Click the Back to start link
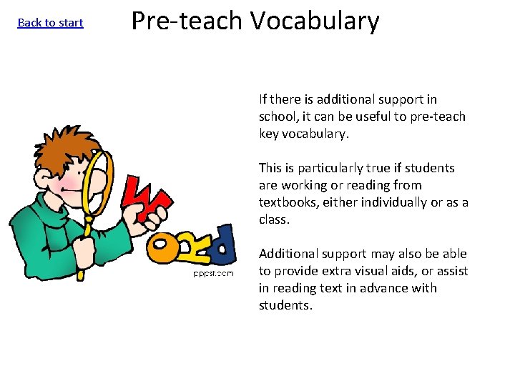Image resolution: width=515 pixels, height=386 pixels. pos(50,23)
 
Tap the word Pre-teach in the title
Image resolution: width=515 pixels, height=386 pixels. pos(188,21)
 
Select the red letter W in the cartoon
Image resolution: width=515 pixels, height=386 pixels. pos(148,197)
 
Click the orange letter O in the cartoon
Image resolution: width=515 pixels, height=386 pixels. pos(163,248)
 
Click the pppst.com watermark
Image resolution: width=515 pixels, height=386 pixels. pos(212,273)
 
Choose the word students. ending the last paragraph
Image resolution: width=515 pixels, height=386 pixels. pos(285,305)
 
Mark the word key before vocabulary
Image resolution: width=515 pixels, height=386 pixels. pos(269,134)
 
